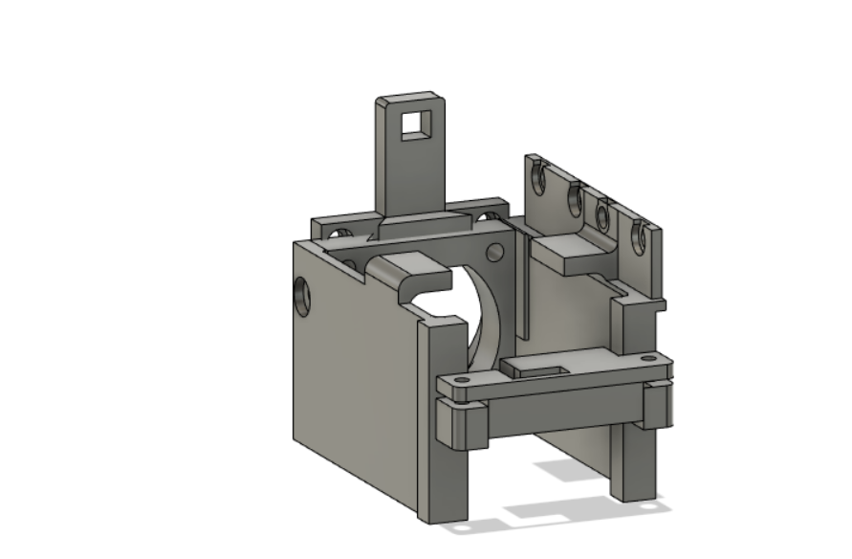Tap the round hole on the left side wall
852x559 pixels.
click(302, 297)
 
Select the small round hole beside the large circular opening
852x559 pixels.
click(494, 252)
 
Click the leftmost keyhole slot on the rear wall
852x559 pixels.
click(538, 178)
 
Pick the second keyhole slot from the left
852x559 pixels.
click(576, 198)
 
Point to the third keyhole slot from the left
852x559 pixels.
click(603, 214)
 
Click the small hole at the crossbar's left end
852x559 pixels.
click(463, 381)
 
